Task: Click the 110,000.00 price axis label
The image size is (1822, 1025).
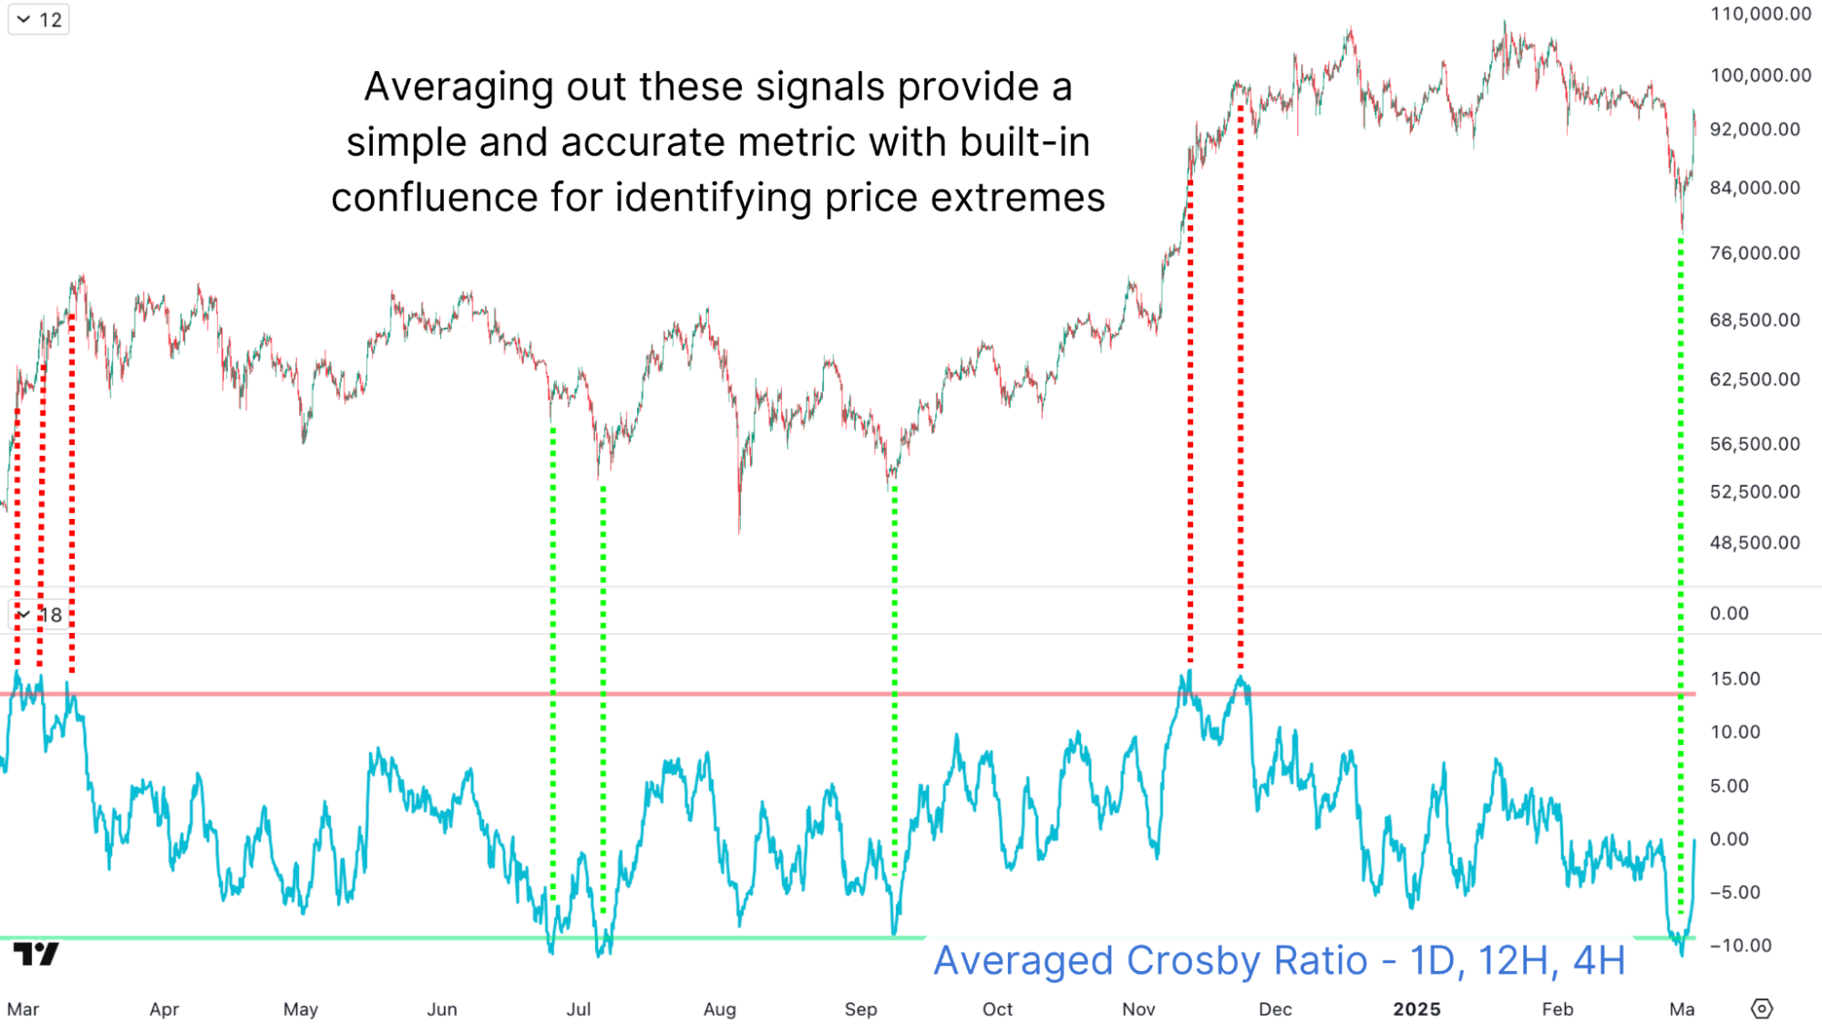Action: coord(1760,14)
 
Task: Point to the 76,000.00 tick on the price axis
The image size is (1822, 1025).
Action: coord(1755,253)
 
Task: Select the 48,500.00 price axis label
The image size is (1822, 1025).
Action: coord(1755,543)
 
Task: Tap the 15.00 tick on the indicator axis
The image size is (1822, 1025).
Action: coord(1735,678)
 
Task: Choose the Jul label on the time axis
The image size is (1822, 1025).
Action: coord(579,1009)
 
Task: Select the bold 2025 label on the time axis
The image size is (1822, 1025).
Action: coord(1416,1009)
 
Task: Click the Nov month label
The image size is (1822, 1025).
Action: coord(1138,1009)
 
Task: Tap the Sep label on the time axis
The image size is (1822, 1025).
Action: coord(860,1009)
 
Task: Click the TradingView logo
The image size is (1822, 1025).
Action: coord(36,954)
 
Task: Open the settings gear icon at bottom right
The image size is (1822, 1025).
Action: coord(1762,1009)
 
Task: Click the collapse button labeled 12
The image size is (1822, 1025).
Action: coord(39,20)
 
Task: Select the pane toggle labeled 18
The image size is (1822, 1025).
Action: coord(39,615)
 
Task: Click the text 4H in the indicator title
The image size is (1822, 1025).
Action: coord(1599,960)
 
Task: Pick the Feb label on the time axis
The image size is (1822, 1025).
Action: coord(1558,1009)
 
